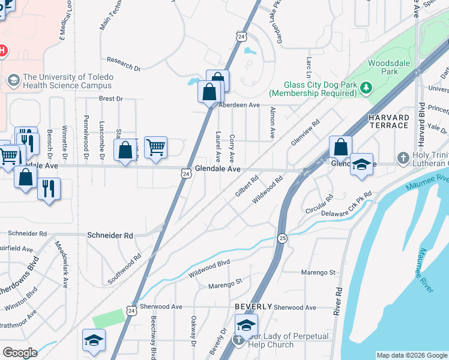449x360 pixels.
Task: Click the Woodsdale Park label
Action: (x=382, y=67)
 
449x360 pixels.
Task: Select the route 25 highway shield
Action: (x=282, y=239)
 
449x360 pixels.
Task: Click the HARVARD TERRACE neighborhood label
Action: (x=389, y=121)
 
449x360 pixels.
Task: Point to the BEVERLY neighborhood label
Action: (x=250, y=307)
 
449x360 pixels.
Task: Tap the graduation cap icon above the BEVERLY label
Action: (x=246, y=325)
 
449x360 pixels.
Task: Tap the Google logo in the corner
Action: (x=20, y=352)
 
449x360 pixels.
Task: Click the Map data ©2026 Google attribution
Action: (x=411, y=355)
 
